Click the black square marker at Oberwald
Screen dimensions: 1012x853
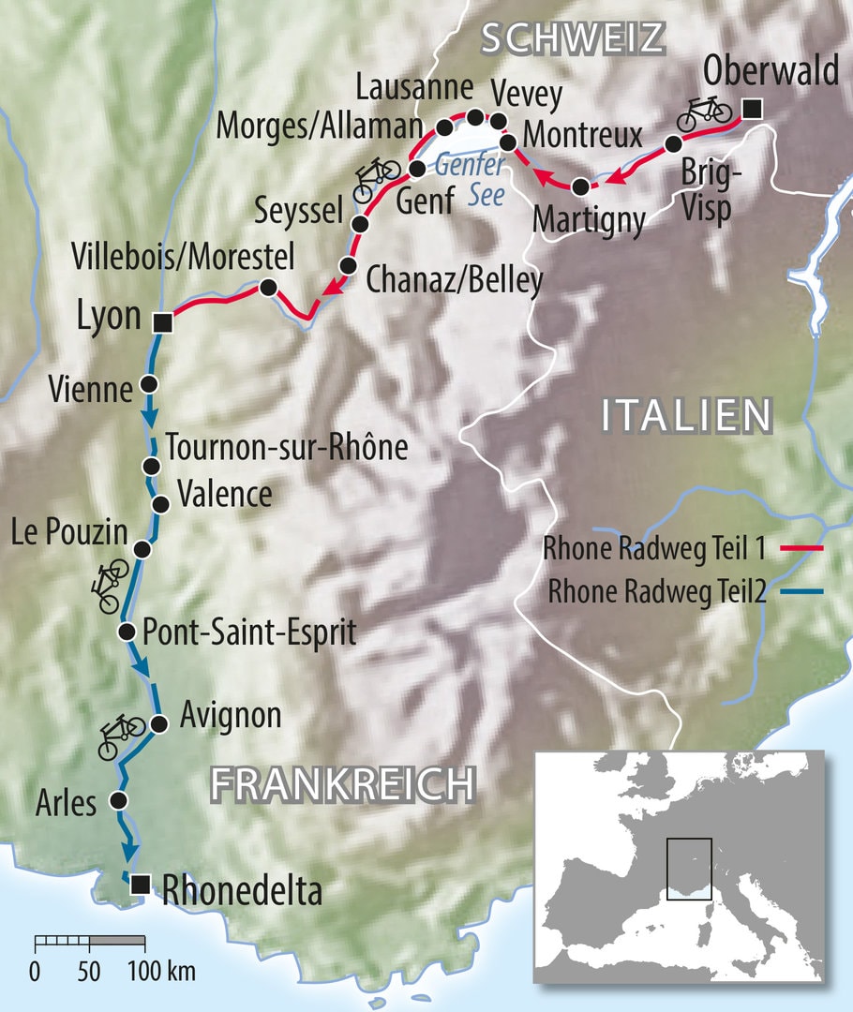751,111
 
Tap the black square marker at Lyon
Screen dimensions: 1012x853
162,322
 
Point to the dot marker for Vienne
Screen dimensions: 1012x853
148,383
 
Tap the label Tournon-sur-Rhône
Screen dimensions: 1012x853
286,448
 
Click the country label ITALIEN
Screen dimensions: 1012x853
686,415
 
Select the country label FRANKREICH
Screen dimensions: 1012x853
341,782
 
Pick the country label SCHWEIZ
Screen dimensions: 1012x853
572,38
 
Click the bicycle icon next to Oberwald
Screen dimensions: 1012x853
704,112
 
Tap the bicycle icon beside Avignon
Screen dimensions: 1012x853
122,734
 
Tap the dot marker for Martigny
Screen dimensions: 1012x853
582,186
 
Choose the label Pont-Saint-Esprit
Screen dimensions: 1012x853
248,632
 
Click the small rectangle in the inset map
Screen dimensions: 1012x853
689,869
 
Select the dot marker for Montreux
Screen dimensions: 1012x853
509,143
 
